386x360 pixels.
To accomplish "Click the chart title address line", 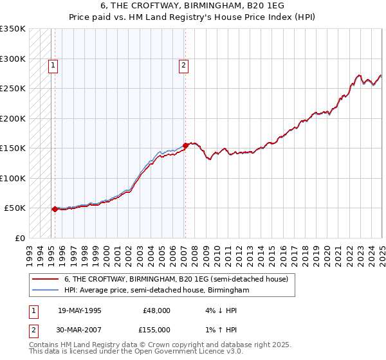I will (192, 4).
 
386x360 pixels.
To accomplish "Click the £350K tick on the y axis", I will (13, 29).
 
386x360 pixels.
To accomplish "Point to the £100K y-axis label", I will (13, 178).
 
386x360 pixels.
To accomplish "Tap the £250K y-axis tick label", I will (13, 89).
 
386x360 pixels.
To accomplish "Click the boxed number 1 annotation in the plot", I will (52, 64).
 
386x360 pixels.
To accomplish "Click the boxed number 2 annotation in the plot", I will (184, 64).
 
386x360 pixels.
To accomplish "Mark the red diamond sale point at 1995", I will (55, 209).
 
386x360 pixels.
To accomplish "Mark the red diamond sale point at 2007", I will (185, 145).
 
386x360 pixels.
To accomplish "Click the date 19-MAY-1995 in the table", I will (80, 310).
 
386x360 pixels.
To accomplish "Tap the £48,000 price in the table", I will (156, 310).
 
